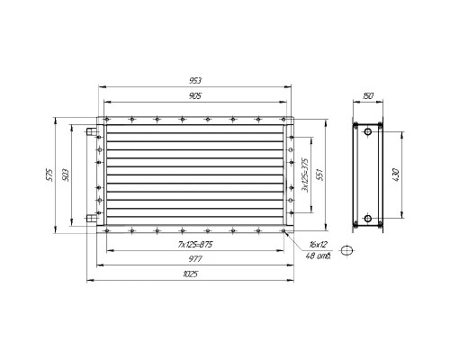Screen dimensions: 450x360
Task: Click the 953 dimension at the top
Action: click(x=195, y=81)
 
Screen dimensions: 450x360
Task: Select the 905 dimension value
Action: click(x=195, y=96)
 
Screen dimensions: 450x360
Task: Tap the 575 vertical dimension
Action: click(x=49, y=175)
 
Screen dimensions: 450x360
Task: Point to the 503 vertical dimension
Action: click(x=66, y=175)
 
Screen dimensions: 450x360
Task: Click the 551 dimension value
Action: click(x=320, y=175)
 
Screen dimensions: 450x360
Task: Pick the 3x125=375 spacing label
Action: click(x=305, y=175)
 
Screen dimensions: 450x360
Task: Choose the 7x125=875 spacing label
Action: click(x=195, y=245)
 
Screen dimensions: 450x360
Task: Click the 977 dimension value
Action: click(x=195, y=258)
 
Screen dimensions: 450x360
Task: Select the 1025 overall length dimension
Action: click(x=190, y=274)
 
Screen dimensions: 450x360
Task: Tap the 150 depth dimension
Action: click(x=368, y=96)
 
